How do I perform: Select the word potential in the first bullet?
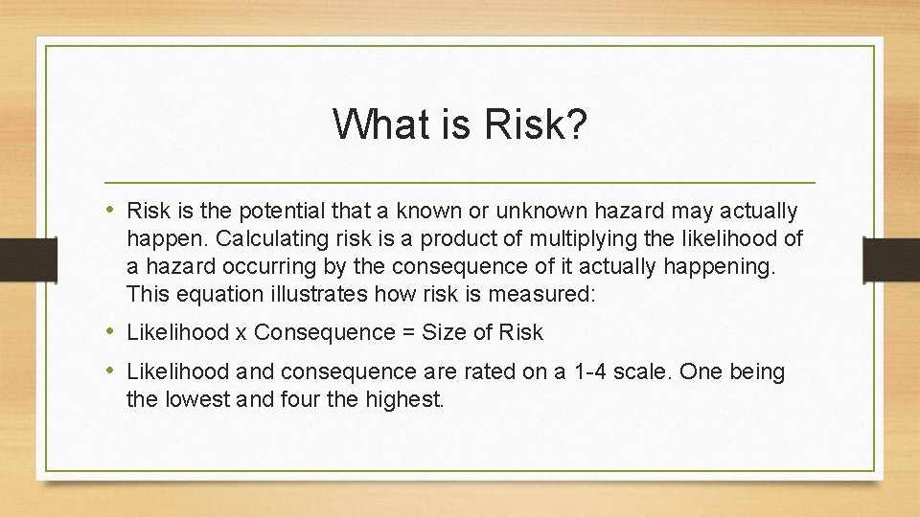(283, 211)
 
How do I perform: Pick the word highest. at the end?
(405, 399)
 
